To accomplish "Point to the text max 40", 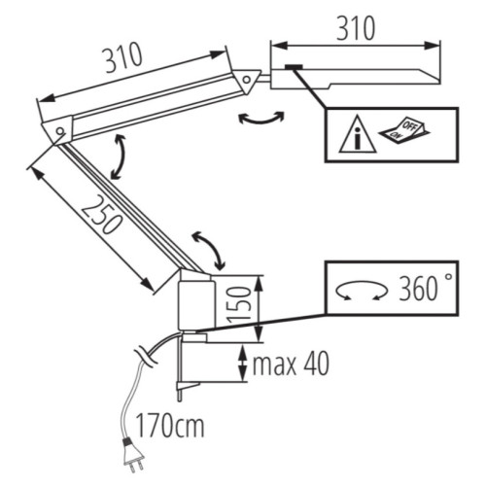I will tap(290, 366).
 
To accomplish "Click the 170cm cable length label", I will tap(170, 426).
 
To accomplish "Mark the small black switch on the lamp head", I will tap(294, 67).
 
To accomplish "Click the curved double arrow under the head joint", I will tap(261, 117).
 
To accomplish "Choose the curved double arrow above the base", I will tap(208, 249).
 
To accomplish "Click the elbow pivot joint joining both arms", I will tap(59, 128).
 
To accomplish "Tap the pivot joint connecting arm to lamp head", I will tap(250, 78).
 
